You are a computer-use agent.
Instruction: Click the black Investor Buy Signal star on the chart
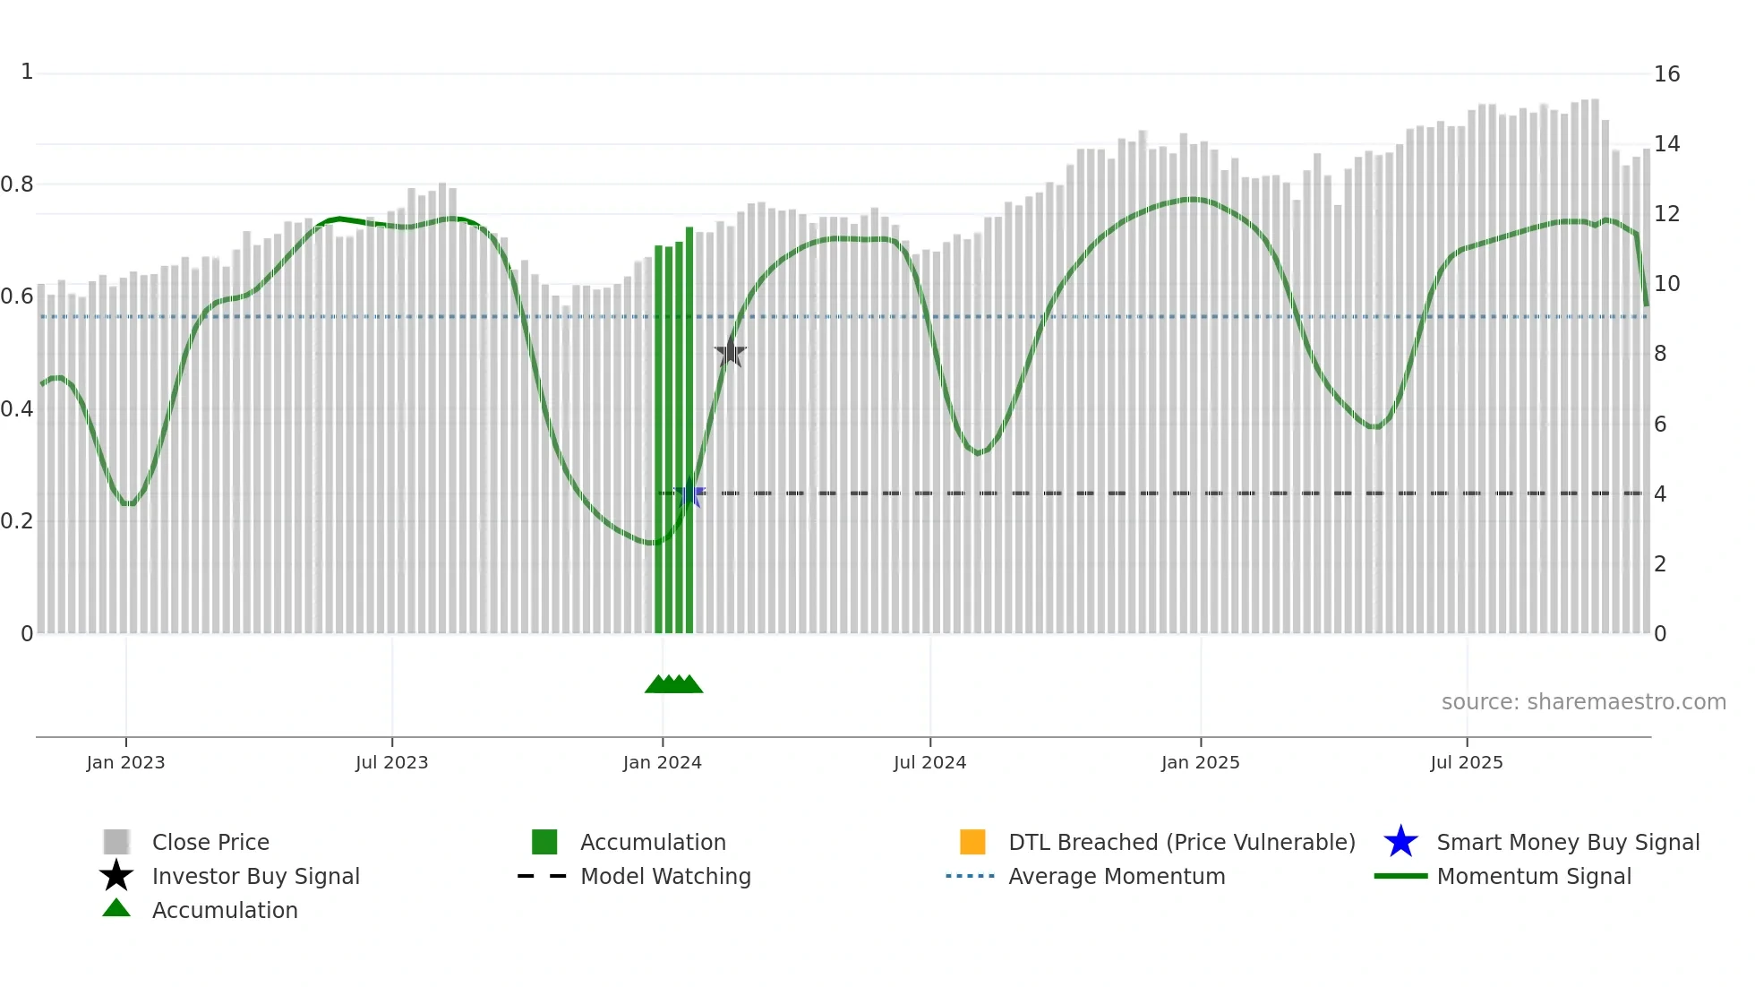tap(731, 352)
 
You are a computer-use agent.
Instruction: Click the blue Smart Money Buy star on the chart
tap(689, 493)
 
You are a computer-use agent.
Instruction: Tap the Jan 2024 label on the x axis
tap(663, 762)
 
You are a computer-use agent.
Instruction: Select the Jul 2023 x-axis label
tap(392, 762)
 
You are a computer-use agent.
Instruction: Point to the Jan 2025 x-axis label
tap(1201, 762)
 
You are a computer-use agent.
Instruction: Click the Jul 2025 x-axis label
tap(1467, 762)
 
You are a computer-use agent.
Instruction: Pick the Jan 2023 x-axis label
tap(126, 762)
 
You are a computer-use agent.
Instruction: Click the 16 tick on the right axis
tap(1666, 74)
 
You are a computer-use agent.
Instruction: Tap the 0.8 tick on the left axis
tap(17, 185)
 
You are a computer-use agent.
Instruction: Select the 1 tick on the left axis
tap(27, 72)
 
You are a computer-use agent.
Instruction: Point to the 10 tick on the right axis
tap(1666, 284)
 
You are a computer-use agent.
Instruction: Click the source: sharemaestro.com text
tap(1583, 702)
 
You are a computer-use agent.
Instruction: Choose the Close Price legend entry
tap(210, 842)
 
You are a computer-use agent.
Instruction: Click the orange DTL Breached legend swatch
tap(972, 842)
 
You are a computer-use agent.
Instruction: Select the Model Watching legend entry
tap(665, 876)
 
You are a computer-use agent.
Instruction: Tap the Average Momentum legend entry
tap(1117, 876)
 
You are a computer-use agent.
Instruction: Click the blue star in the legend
tap(1400, 842)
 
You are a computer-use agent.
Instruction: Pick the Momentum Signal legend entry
tap(1534, 876)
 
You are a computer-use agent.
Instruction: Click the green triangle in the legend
tap(116, 908)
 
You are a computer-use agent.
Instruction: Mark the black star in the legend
tap(116, 876)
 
